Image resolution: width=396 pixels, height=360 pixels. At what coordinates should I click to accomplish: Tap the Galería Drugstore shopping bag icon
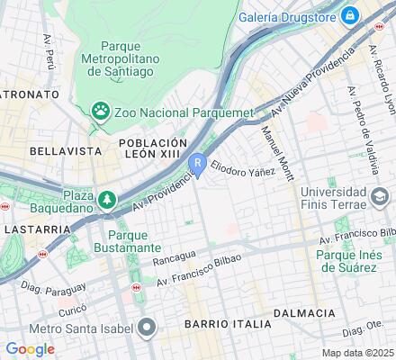point(349,15)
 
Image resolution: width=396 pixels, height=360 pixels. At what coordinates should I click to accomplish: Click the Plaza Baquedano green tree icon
point(108,198)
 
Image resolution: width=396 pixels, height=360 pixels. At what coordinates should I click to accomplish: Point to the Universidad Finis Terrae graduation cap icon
point(378,195)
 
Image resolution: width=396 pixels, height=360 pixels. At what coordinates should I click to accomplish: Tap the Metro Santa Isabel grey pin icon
point(147,325)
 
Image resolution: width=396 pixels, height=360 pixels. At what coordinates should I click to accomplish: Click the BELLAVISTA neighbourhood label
point(62,150)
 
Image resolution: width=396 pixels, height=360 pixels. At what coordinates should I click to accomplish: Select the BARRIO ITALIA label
point(227,322)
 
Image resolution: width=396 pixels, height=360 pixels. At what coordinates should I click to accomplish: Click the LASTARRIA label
point(37,229)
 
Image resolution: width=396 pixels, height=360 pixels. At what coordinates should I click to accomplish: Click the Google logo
point(30,349)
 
